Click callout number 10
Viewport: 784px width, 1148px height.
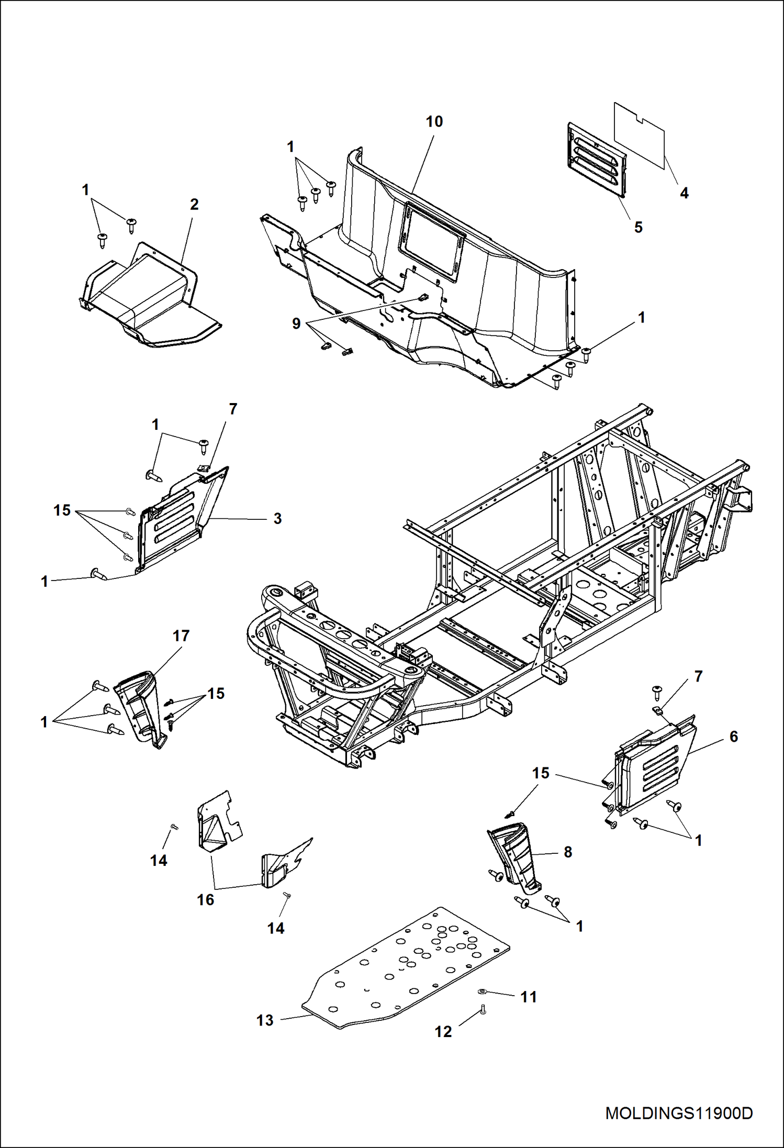pyautogui.click(x=434, y=121)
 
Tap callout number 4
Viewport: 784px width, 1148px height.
pyautogui.click(x=684, y=193)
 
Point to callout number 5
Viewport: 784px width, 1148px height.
pyautogui.click(x=638, y=227)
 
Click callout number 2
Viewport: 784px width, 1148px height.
pyautogui.click(x=194, y=204)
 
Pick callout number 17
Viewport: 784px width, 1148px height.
pyautogui.click(x=181, y=636)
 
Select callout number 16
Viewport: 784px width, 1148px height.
pyautogui.click(x=205, y=899)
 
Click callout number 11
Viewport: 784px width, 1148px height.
pyautogui.click(x=529, y=997)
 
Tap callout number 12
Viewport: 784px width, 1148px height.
pyautogui.click(x=443, y=1031)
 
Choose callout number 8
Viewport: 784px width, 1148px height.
pyautogui.click(x=568, y=852)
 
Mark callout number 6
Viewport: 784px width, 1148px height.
pyautogui.click(x=733, y=737)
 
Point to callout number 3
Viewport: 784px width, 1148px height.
pyautogui.click(x=277, y=518)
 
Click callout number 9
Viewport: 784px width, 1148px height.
pyautogui.click(x=296, y=324)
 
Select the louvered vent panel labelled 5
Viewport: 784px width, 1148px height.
pyautogui.click(x=597, y=160)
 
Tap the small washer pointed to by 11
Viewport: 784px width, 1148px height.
pyautogui.click(x=483, y=991)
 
